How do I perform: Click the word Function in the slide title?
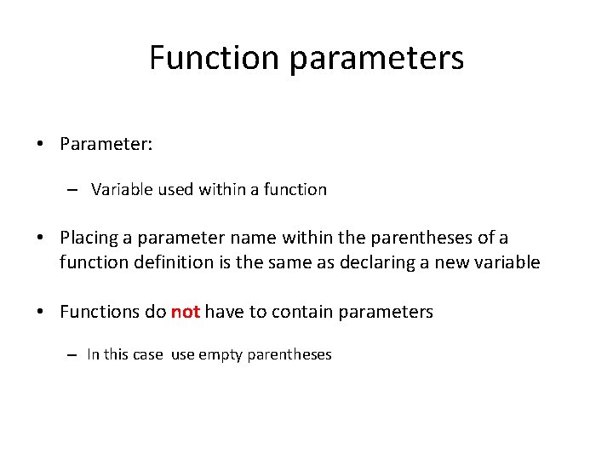coord(214,58)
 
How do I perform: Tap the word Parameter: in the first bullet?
coord(106,144)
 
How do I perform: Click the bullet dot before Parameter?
coord(41,144)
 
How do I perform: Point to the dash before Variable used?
coord(74,190)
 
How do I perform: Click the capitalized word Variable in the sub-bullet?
coord(123,189)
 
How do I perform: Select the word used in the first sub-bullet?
coord(175,189)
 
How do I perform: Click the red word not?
coord(185,312)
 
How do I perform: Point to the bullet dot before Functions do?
coord(41,312)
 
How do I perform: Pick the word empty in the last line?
coord(220,354)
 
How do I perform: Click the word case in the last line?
coord(146,354)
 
